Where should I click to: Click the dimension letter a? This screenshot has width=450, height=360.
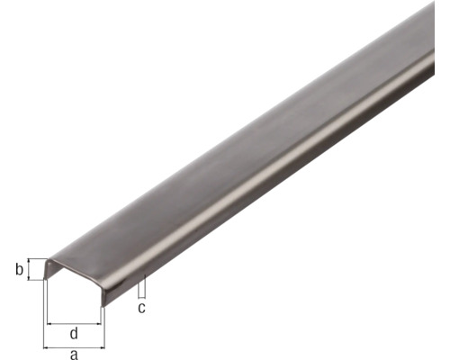click(x=74, y=354)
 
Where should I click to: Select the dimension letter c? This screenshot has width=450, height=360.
click(x=141, y=308)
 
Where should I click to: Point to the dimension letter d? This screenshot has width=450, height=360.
click(x=74, y=334)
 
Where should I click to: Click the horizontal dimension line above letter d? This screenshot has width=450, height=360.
click(x=74, y=322)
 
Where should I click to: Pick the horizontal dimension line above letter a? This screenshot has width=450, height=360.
click(x=74, y=345)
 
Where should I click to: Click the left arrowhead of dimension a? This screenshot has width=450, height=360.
click(x=46, y=345)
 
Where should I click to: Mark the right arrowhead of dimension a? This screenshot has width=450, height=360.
click(x=103, y=345)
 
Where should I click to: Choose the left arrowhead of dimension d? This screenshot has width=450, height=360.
click(x=50, y=322)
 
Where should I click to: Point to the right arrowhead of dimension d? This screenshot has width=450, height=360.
click(x=97, y=322)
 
